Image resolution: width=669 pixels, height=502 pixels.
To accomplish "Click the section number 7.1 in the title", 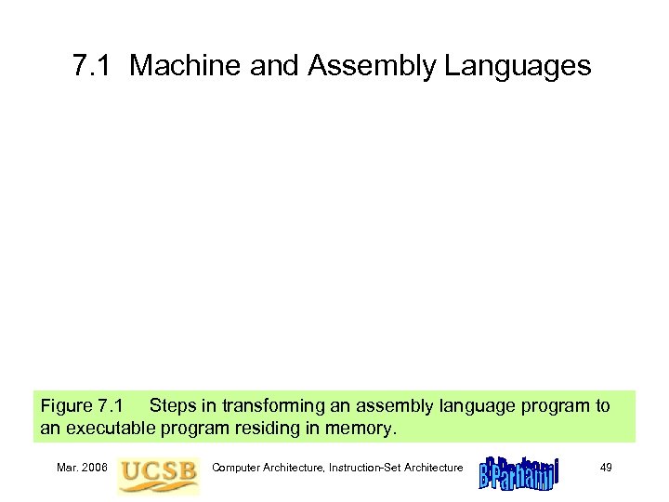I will (x=92, y=66).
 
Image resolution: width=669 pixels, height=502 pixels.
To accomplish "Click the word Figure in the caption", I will (x=66, y=406).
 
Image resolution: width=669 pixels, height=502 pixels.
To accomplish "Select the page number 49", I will (x=605, y=467).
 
